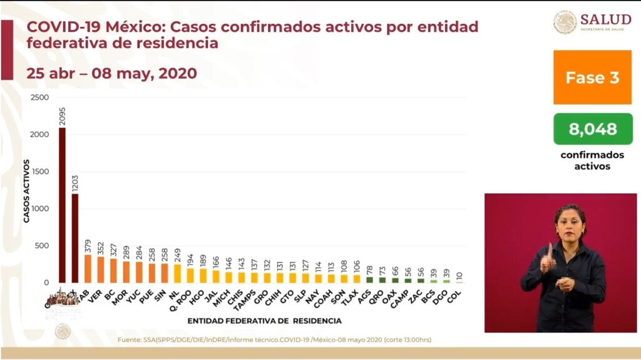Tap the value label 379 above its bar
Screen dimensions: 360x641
point(88,244)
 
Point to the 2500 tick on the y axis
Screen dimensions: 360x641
point(39,98)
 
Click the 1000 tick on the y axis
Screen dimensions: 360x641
point(39,208)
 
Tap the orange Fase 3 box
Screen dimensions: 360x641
point(592,78)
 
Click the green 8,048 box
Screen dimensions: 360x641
point(592,129)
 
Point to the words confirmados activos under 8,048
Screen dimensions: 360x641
point(592,160)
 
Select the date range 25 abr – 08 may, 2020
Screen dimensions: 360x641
point(111,73)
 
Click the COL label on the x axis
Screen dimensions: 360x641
point(459,295)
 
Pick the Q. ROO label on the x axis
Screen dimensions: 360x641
point(186,299)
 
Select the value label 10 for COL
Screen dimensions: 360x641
point(460,276)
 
